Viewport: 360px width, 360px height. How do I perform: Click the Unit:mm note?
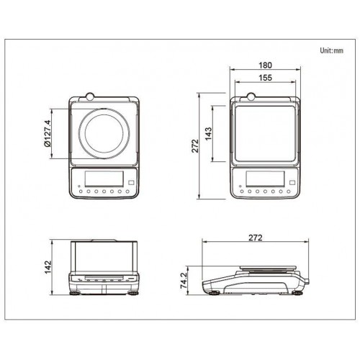point(331,50)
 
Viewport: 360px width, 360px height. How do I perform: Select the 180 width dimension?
point(265,65)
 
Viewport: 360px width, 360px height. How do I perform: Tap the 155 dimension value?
point(266,78)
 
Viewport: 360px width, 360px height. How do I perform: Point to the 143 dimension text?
point(208,134)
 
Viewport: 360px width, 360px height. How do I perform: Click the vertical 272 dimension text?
point(195,145)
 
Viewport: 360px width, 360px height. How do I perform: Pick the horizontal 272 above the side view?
point(256,238)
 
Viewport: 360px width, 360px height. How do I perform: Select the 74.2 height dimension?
point(184,280)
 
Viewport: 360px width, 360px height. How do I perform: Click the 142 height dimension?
point(48,267)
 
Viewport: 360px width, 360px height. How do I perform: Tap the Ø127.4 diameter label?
point(48,133)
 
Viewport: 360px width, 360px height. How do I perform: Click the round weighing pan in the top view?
point(104,108)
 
